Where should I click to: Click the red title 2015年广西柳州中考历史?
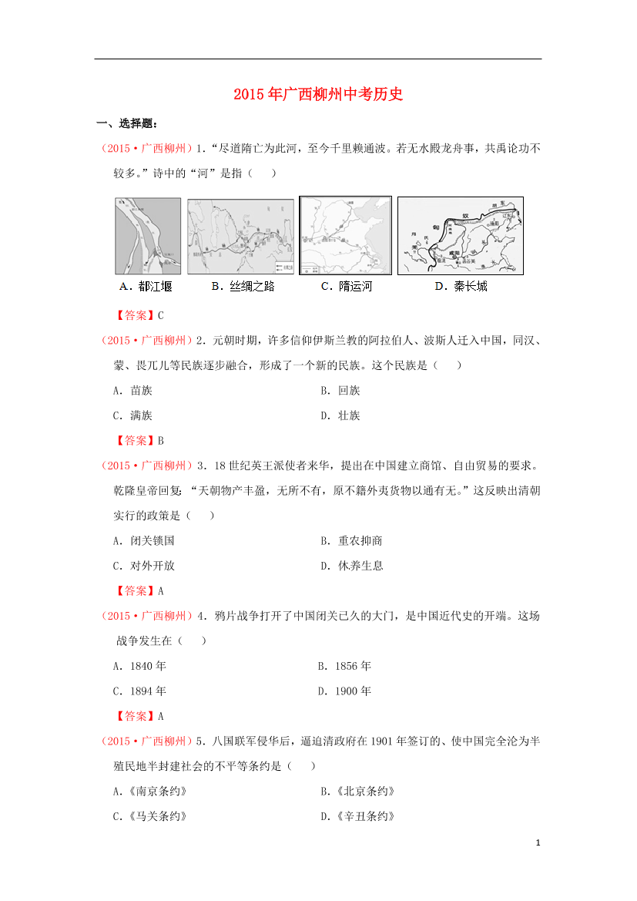pyautogui.click(x=318, y=95)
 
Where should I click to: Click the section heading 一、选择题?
pyautogui.click(x=127, y=123)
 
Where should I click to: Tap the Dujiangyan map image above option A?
pyautogui.click(x=148, y=236)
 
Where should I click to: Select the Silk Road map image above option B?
pyautogui.click(x=240, y=236)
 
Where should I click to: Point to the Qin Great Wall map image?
pyautogui.click(x=461, y=235)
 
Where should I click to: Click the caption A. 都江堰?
pyautogui.click(x=146, y=287)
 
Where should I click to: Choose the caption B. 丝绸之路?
pyautogui.click(x=243, y=287)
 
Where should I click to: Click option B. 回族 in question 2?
pyautogui.click(x=340, y=391)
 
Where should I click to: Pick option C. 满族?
pyautogui.click(x=132, y=416)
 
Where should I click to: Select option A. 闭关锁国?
pyautogui.click(x=143, y=541)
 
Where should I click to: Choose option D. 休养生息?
pyautogui.click(x=351, y=566)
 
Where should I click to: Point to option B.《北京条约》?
pyautogui.click(x=357, y=792)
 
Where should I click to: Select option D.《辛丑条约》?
pyautogui.click(x=357, y=817)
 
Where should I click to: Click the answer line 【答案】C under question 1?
pyautogui.click(x=139, y=315)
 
